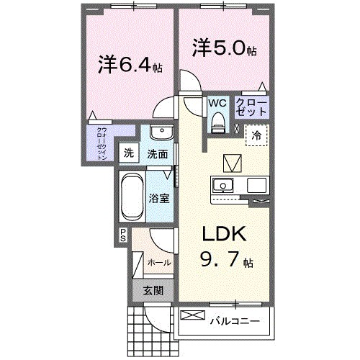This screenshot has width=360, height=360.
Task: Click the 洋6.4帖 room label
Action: [x=131, y=66]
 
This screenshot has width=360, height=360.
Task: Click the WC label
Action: [x=217, y=103]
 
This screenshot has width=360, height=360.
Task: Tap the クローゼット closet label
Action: [x=251, y=109]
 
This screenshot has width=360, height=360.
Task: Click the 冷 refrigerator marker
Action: [x=256, y=135]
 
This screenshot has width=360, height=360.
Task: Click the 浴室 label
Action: [x=160, y=197]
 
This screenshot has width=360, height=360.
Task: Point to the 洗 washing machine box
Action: [x=128, y=153]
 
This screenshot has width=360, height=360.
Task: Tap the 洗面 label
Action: [x=158, y=153]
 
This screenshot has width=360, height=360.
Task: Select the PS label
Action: [x=123, y=233]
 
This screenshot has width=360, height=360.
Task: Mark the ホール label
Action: [x=158, y=263]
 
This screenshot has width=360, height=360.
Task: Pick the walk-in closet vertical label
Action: [x=101, y=143]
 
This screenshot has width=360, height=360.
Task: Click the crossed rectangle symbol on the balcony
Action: [x=193, y=315]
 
